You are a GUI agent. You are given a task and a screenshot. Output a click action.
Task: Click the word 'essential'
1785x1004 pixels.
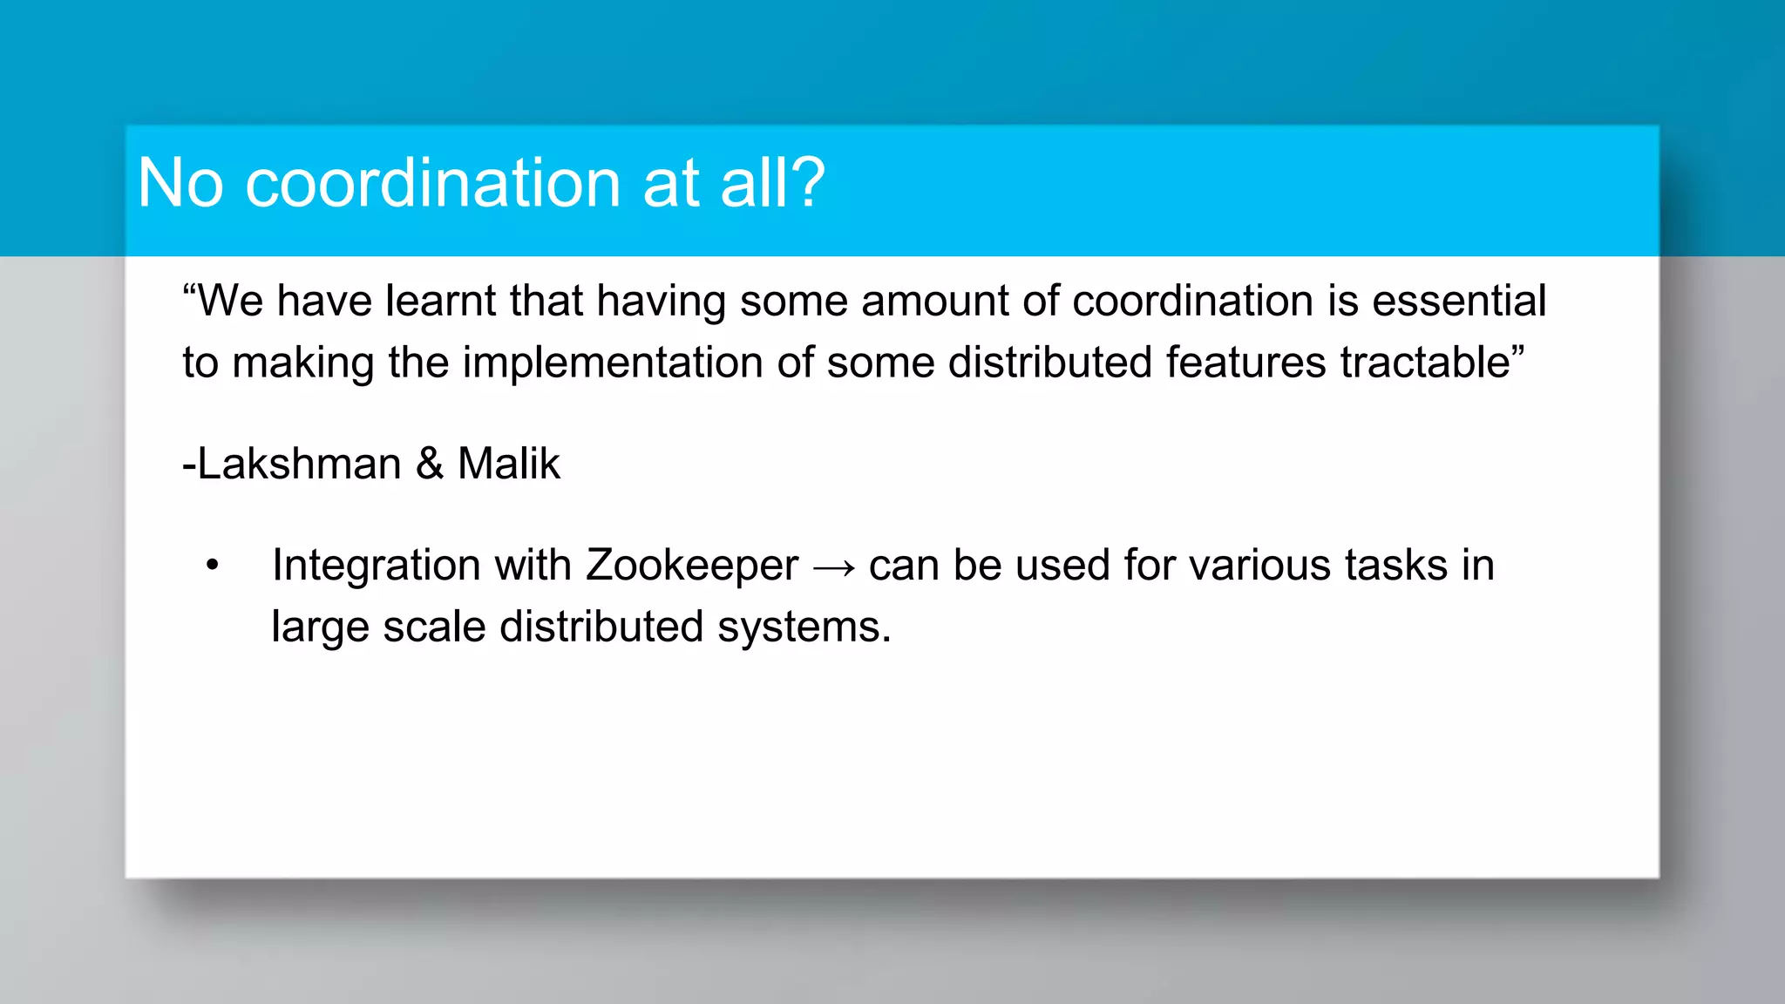coord(1459,301)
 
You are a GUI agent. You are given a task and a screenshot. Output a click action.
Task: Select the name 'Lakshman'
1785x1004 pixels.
coord(299,464)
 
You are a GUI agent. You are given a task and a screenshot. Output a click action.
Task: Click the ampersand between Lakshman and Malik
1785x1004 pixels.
coord(430,464)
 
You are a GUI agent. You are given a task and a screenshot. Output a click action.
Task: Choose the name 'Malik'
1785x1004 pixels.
coord(508,464)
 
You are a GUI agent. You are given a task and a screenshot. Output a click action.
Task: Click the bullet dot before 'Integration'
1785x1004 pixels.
coord(213,566)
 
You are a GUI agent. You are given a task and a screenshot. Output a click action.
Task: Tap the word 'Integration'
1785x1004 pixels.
coord(376,566)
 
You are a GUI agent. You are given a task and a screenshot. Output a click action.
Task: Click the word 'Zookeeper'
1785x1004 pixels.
coord(691,566)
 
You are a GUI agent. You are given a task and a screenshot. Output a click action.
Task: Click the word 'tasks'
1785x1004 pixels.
coord(1395,566)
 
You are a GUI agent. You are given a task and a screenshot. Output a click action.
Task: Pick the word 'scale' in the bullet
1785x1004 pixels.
coord(433,627)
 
